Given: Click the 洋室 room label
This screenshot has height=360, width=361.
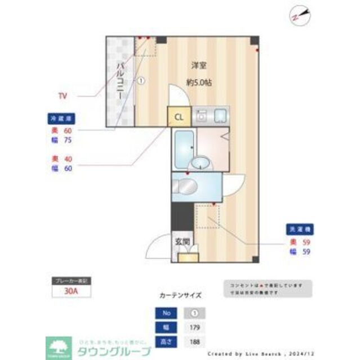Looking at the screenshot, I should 198,65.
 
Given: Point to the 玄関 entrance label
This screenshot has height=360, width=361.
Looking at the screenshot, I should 181,242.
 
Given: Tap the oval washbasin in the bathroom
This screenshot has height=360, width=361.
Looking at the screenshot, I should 199,164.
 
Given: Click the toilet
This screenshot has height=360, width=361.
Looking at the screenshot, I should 184,186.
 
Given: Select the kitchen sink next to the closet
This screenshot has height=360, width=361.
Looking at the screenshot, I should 220,116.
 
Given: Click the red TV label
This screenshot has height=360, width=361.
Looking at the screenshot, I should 63,96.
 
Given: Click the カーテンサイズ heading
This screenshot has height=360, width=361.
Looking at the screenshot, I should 180,294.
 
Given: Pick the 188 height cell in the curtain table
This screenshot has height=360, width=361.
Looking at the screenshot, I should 194,341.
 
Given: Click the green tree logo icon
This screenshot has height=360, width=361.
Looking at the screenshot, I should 57,344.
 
